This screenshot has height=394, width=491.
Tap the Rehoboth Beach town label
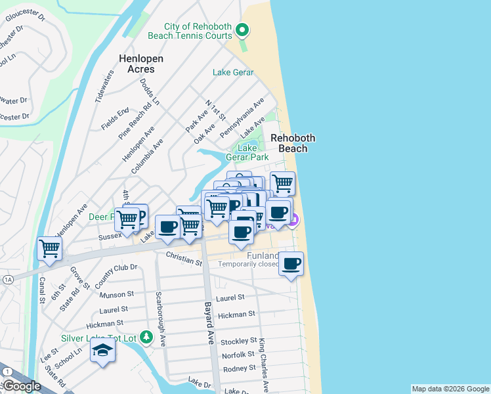[293, 143]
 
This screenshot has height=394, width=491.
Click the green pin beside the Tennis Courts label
[242, 29]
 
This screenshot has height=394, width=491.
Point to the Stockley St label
[238, 341]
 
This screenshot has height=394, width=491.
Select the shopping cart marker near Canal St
[50, 249]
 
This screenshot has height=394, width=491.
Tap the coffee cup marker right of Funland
[291, 264]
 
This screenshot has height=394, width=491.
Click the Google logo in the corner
[22, 386]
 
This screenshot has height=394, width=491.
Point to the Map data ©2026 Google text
[450, 389]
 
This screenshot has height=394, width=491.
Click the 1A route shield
[8, 279]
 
